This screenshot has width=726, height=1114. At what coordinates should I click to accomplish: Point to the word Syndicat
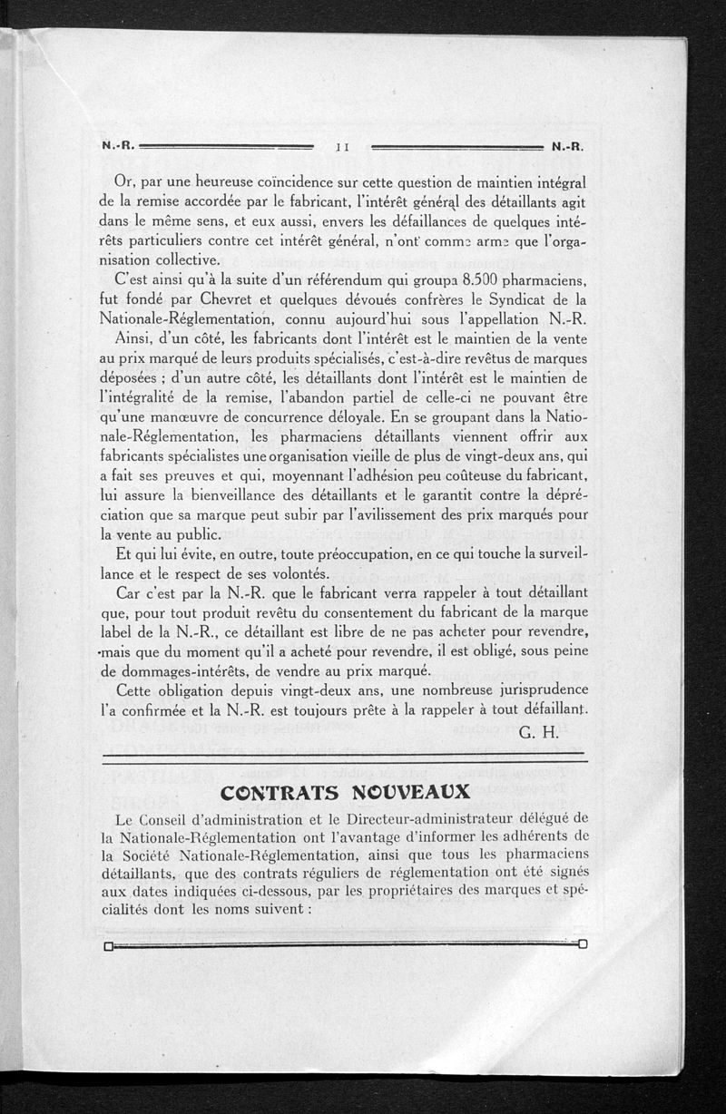507,298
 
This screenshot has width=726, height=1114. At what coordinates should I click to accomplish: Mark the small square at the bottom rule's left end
108,947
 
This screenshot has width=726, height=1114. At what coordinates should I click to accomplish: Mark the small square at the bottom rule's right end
583,944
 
